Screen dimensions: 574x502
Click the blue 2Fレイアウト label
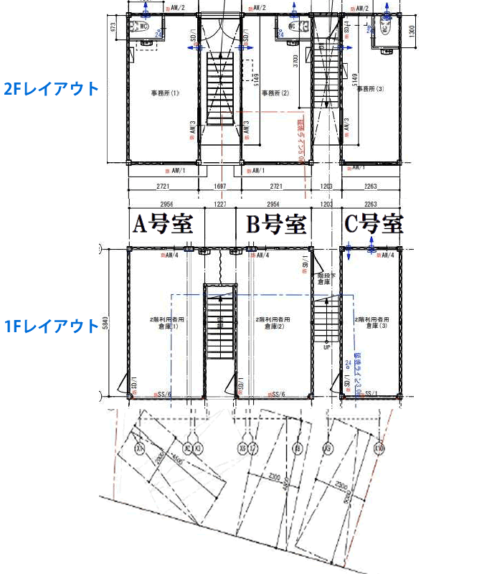point(51,89)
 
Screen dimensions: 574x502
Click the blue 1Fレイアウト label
point(51,326)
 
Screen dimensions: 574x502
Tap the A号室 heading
point(164,224)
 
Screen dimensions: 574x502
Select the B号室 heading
point(276,224)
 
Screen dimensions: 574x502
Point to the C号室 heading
point(374,224)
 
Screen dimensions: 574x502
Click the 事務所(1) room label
point(164,93)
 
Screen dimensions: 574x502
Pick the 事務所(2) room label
point(275,93)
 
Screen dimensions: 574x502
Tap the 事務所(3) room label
point(371,89)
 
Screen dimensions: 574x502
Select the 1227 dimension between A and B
point(221,204)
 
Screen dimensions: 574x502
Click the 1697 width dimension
point(220,187)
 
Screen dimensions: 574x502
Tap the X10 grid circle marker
point(379,449)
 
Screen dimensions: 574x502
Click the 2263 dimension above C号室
point(371,204)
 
